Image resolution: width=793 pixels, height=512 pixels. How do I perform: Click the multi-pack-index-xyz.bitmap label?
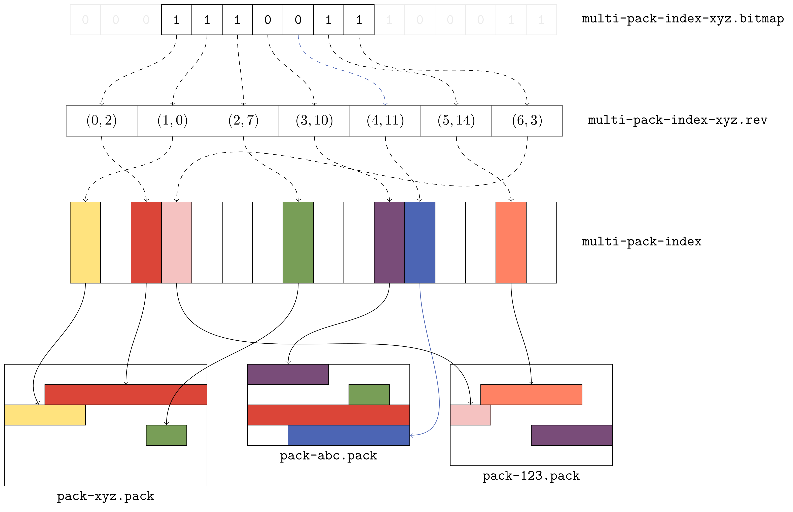pyautogui.click(x=682, y=19)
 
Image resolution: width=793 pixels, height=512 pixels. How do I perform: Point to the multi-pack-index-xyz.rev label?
pyautogui.click(x=677, y=120)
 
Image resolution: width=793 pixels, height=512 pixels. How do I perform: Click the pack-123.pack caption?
pyautogui.click(x=531, y=476)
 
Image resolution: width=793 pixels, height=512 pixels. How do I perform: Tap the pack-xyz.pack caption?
pyautogui.click(x=105, y=496)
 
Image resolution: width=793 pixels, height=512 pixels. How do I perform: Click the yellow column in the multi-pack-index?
pyautogui.click(x=85, y=242)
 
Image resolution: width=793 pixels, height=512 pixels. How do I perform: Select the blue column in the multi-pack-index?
pyautogui.click(x=420, y=242)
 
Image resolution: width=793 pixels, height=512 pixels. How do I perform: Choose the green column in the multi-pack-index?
pyautogui.click(x=298, y=242)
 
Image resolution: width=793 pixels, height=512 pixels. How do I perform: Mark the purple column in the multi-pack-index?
pyautogui.click(x=389, y=242)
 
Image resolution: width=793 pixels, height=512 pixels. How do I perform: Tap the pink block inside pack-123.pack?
pyautogui.click(x=470, y=415)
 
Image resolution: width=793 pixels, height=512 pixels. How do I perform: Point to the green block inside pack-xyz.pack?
pyautogui.click(x=166, y=435)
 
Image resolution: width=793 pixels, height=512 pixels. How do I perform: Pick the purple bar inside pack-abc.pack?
pyautogui.click(x=288, y=374)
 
